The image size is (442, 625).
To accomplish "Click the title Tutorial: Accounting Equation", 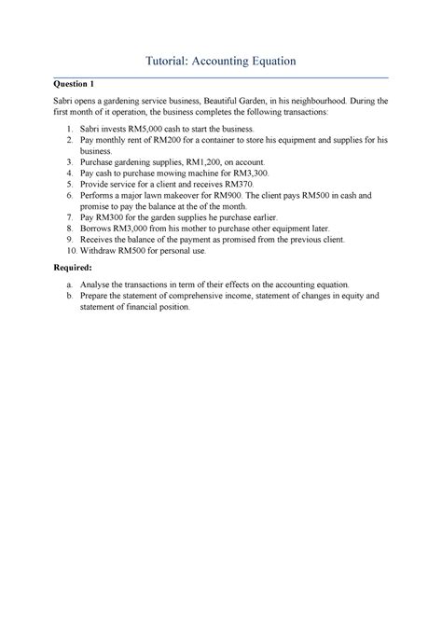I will (221, 61).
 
